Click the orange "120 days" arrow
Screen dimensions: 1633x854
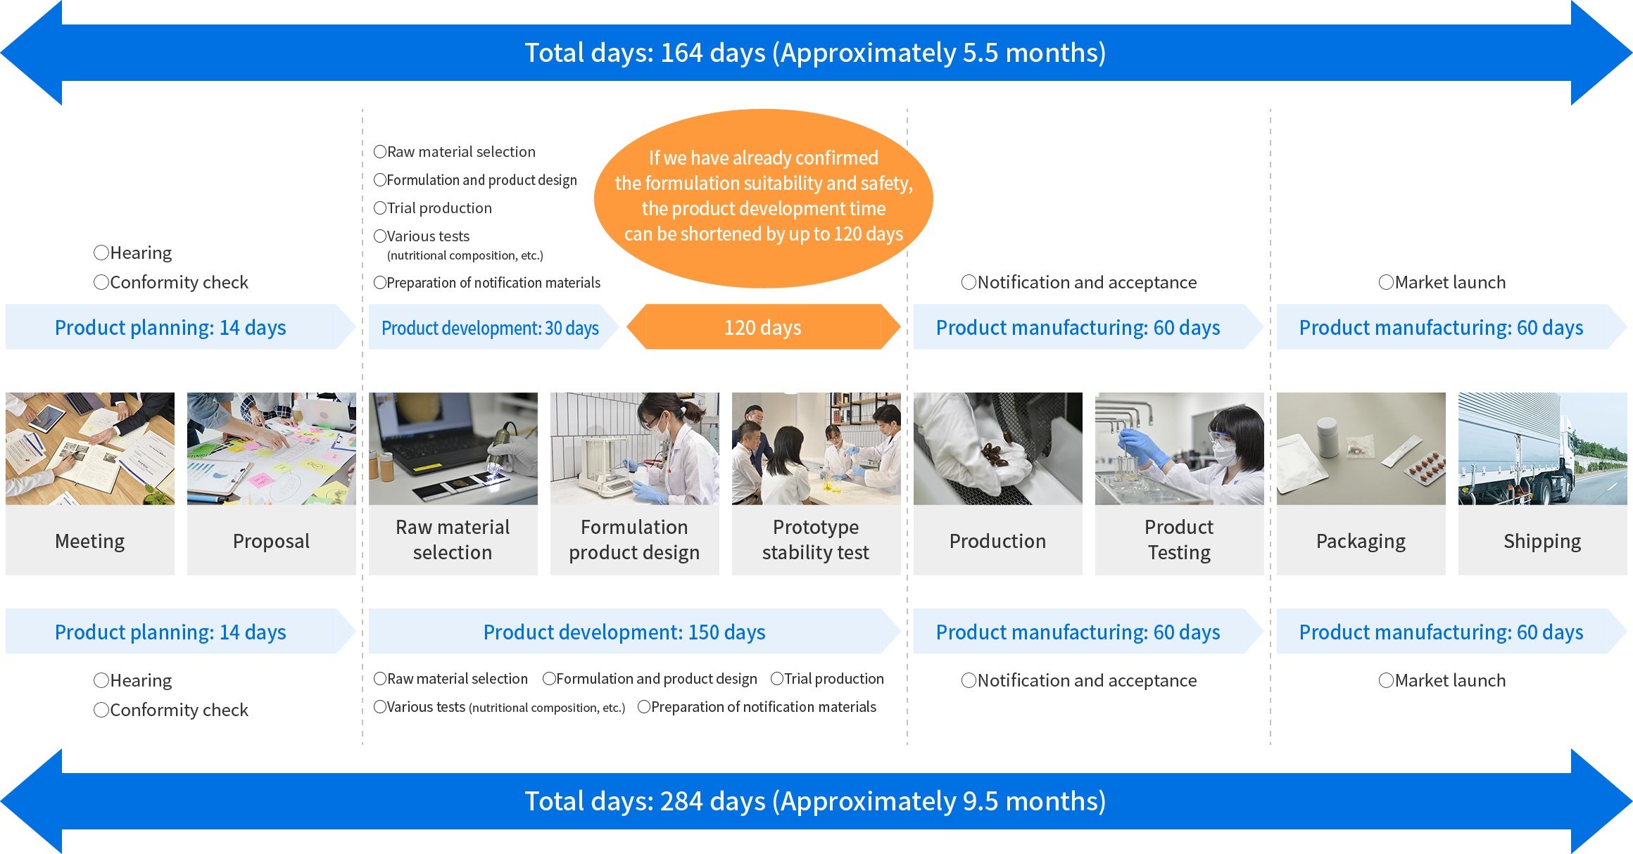pos(764,327)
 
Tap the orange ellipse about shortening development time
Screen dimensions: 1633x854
pos(764,198)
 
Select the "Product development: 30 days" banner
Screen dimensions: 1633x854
pos(493,327)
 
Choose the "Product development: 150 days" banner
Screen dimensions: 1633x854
pos(633,632)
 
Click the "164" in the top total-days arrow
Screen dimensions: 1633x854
pos(682,53)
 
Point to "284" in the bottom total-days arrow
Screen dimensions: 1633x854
pos(682,801)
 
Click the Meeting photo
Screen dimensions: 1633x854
pos(90,449)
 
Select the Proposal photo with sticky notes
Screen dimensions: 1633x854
pos(272,449)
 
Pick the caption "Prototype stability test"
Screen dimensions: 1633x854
pos(816,540)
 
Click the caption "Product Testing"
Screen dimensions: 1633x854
pos(1179,540)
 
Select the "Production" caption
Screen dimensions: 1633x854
pos(997,541)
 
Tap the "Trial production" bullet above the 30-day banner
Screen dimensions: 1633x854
pos(433,208)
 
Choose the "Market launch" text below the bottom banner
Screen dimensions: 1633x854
pos(1442,680)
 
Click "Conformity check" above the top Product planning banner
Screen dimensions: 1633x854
pos(171,282)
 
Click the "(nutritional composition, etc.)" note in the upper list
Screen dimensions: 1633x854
pos(465,255)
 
